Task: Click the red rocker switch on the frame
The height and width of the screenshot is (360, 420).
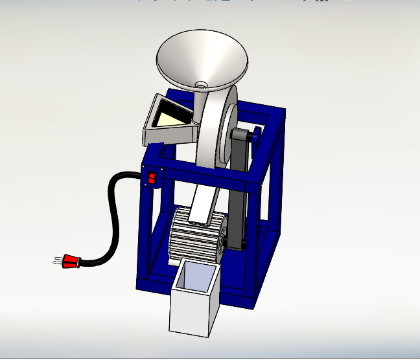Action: pyautogui.click(x=152, y=177)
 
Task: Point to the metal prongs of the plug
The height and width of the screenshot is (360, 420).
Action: pyautogui.click(x=56, y=262)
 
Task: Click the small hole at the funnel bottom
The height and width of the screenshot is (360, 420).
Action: pyautogui.click(x=202, y=84)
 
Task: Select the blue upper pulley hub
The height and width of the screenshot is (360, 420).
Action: pyautogui.click(x=257, y=135)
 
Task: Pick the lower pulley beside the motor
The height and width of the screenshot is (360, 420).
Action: pyautogui.click(x=224, y=243)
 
